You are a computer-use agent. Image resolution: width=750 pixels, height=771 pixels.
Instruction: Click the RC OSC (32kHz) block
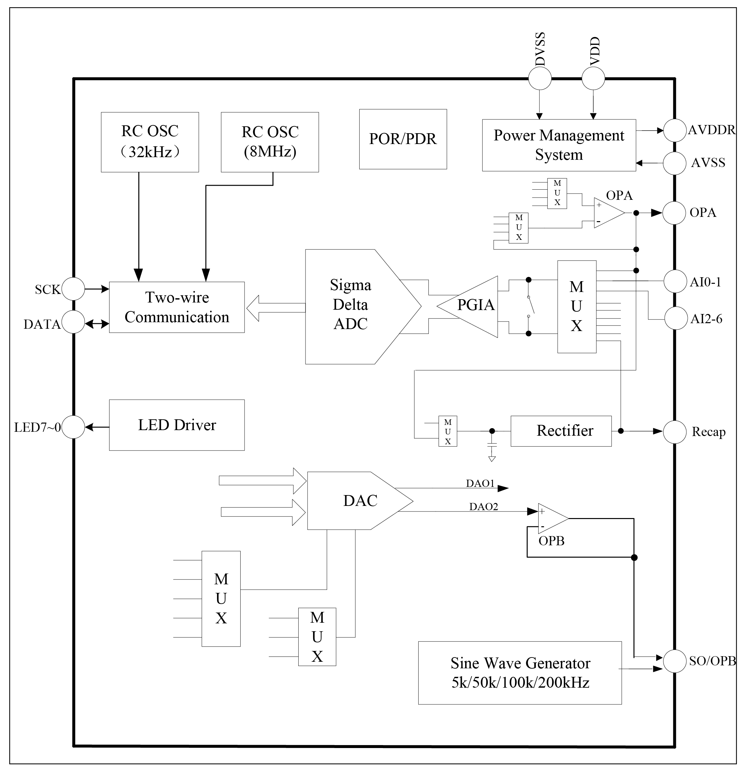click(x=150, y=142)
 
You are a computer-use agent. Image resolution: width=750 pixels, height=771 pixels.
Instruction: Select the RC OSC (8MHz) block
click(x=270, y=142)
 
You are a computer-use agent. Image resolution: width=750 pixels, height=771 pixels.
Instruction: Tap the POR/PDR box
click(x=403, y=139)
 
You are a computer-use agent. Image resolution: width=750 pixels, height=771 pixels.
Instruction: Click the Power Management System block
click(x=559, y=145)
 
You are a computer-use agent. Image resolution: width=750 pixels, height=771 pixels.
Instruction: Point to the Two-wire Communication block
click(x=177, y=307)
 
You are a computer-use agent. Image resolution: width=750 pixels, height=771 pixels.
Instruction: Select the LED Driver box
click(x=177, y=425)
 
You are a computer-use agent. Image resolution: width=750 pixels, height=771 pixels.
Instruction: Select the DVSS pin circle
click(x=540, y=78)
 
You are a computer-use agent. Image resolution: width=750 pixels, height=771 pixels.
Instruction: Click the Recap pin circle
click(x=675, y=432)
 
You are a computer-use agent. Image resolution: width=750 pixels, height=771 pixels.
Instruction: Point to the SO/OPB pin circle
click(x=675, y=661)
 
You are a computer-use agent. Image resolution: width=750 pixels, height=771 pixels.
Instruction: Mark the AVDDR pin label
click(x=711, y=130)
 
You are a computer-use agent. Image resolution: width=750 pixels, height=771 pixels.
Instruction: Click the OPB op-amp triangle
click(x=551, y=518)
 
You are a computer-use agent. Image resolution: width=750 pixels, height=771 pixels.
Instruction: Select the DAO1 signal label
click(x=480, y=483)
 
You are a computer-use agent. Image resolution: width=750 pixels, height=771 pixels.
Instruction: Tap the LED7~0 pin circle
click(x=74, y=427)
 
